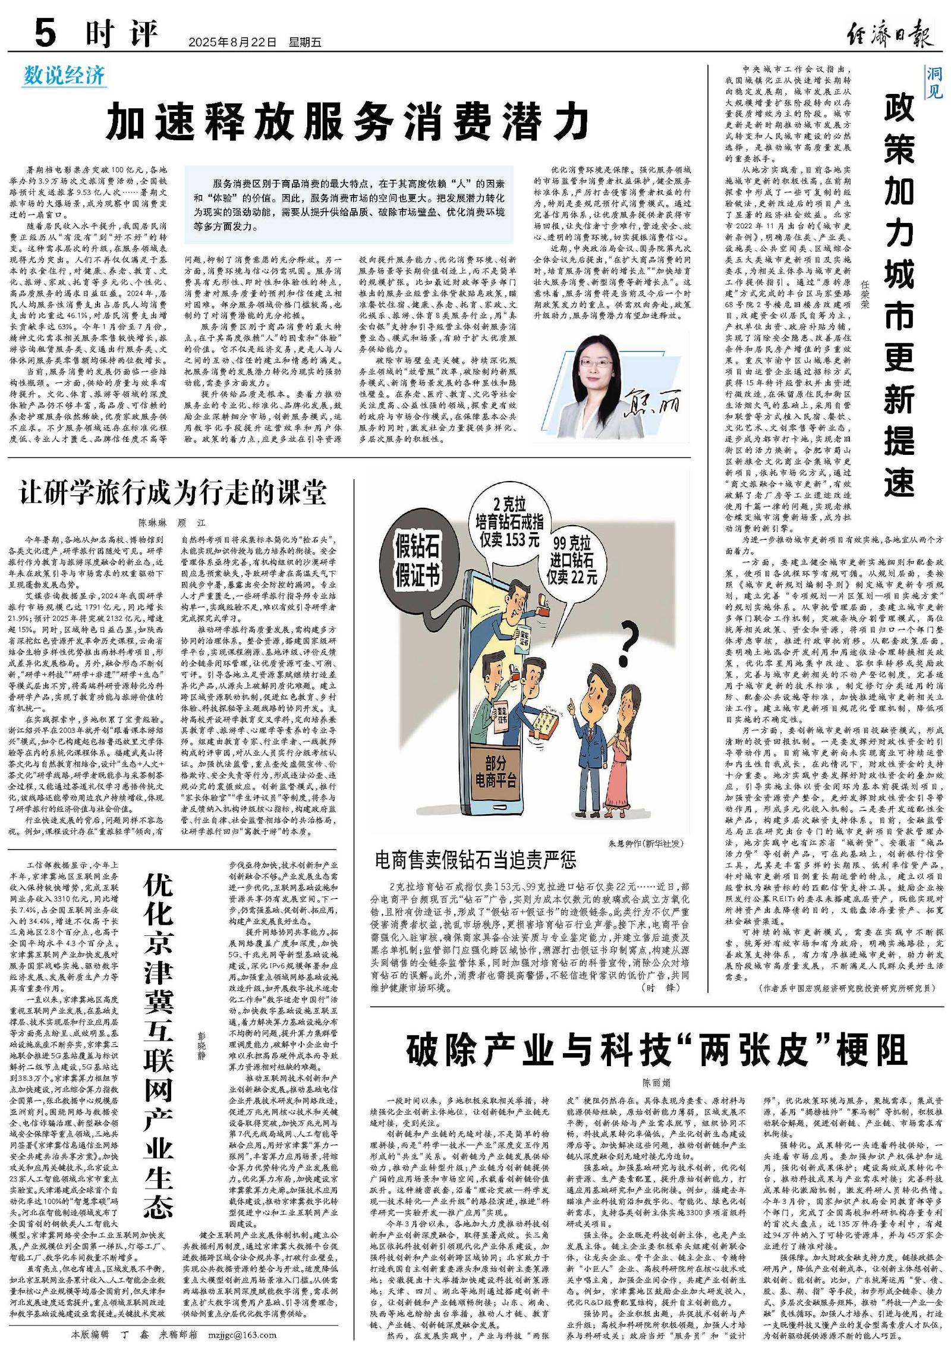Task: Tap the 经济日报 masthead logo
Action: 889,33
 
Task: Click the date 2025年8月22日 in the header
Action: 232,43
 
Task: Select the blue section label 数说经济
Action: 64,76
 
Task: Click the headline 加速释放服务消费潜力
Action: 348,122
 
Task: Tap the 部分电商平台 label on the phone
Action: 493,771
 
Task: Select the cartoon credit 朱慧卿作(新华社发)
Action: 645,843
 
